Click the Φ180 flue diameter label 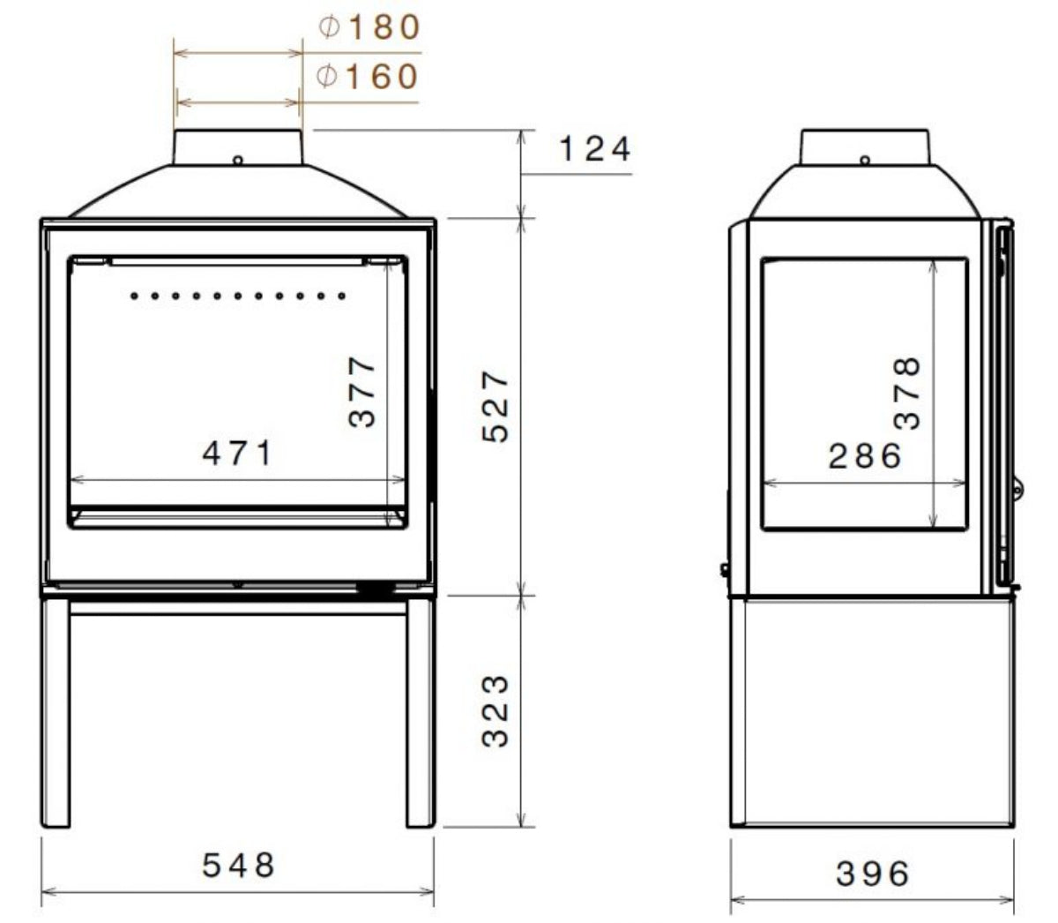tap(369, 28)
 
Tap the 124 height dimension tap(595, 149)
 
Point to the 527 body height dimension tap(496, 406)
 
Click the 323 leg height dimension tap(496, 711)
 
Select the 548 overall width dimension tap(239, 865)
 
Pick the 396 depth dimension tap(872, 874)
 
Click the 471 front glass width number tap(239, 454)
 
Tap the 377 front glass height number tap(362, 391)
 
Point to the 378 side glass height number tap(907, 392)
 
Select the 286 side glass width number tap(866, 456)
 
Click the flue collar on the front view tap(238, 146)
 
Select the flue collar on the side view tap(865, 146)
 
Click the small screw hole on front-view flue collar tap(238, 161)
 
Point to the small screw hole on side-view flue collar tap(865, 161)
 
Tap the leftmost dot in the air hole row tap(134, 296)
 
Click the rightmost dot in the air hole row tap(342, 296)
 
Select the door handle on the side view tap(1017, 486)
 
